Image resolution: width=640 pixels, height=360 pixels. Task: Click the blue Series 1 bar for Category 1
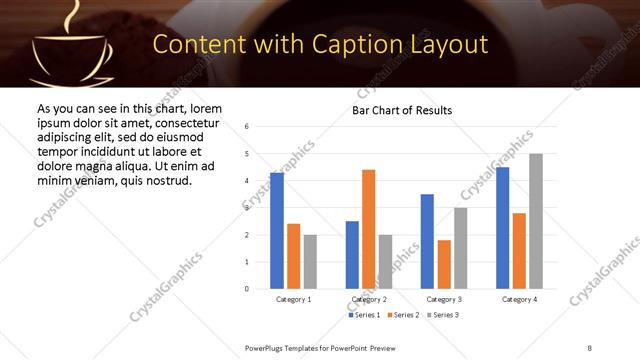[277, 231]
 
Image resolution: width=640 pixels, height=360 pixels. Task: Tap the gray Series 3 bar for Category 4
[536, 221]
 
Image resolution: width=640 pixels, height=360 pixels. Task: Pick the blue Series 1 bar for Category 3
[427, 241]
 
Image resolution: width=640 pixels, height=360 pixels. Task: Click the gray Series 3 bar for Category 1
[310, 262]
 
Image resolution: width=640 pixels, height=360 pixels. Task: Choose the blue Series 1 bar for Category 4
[502, 228]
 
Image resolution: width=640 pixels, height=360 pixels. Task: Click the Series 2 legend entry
[402, 315]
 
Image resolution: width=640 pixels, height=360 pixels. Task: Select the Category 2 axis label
[369, 299]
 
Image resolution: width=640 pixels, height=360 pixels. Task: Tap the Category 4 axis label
[519, 299]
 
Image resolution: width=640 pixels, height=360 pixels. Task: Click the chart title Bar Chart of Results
[401, 110]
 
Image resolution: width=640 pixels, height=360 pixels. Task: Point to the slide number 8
[590, 346]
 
